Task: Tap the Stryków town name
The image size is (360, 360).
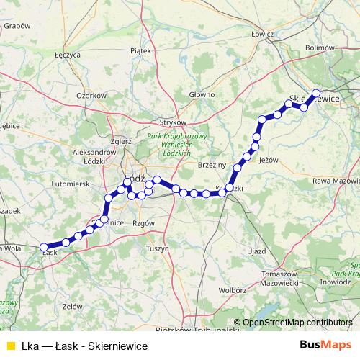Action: (174, 122)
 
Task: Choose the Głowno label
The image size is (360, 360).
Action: (202, 94)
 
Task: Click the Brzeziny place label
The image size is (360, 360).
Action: (212, 165)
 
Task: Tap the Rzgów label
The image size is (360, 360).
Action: (144, 224)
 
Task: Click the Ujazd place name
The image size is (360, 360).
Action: (256, 252)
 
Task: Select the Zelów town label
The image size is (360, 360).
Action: (72, 306)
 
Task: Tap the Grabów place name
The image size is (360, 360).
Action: (16, 25)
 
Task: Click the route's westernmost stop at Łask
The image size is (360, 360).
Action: (44, 247)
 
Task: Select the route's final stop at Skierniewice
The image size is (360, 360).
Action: (315, 93)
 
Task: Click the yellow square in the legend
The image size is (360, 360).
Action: (10, 346)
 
